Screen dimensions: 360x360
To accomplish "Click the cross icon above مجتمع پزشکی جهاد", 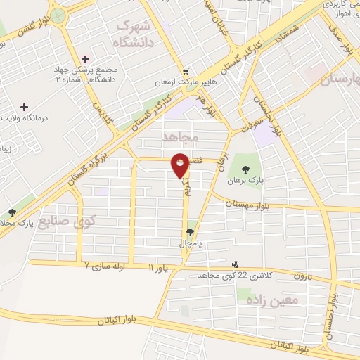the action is coord(86,59).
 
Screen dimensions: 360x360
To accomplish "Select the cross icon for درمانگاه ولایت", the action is coord(25,107).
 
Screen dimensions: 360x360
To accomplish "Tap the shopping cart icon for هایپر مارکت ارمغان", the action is coord(186,71).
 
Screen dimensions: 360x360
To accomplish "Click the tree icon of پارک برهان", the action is coord(245,169).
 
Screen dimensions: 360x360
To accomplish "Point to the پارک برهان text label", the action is coord(245,180).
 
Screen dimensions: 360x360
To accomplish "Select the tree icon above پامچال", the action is coord(190,232).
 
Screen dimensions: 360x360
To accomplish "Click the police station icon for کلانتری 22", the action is coord(234,265).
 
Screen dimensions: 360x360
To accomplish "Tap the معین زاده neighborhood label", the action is coord(272,300).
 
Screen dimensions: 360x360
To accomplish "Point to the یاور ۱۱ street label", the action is coord(159,268).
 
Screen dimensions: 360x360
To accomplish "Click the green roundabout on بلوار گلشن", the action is coord(59,15).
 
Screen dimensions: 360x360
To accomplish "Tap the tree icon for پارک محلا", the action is coord(11,212).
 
